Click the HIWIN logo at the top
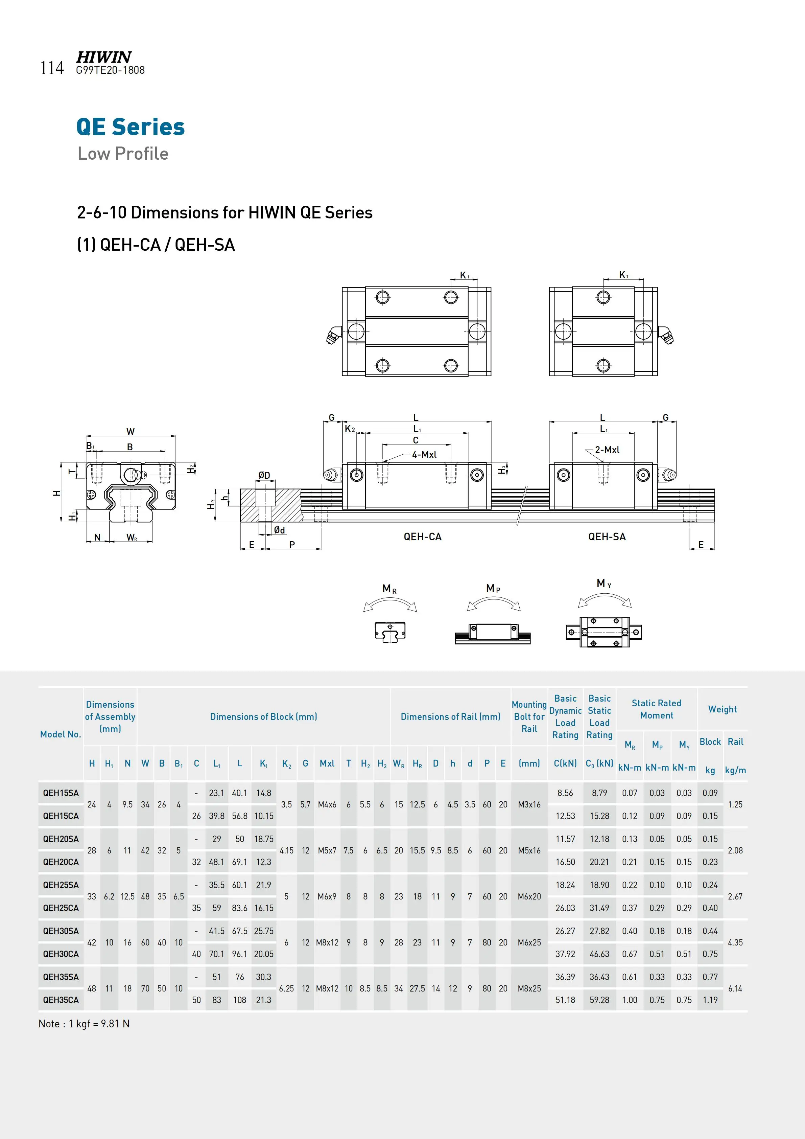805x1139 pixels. tap(103, 57)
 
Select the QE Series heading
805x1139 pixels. tap(131, 127)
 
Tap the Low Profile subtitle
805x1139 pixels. tap(123, 154)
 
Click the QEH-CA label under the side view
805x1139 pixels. tap(422, 537)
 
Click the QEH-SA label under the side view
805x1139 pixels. tap(607, 537)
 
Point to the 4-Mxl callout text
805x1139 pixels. tap(424, 454)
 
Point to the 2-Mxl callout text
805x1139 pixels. tap(607, 450)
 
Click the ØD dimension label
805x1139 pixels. tap(264, 475)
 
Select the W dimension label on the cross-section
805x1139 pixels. tap(131, 432)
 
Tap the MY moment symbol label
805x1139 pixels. tap(604, 584)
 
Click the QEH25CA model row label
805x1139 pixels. tap(61, 908)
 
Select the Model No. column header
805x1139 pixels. tap(61, 734)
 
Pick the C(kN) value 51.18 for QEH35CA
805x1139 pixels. tap(565, 1000)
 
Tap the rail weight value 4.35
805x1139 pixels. tap(735, 942)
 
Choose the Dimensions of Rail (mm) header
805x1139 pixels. tap(450, 717)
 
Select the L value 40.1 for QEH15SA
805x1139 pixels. tap(239, 793)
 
